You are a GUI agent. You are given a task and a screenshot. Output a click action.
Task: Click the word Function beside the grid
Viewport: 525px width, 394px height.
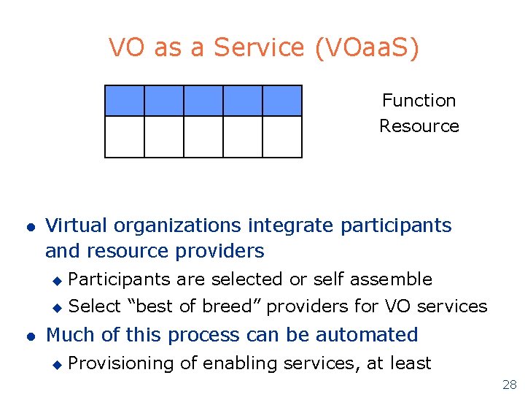[419, 101]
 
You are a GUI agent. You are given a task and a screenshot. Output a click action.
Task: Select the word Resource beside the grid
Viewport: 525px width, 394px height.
[419, 126]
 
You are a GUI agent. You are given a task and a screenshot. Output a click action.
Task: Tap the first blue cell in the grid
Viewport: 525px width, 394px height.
[125, 101]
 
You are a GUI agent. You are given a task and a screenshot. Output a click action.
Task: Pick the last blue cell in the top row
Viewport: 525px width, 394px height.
[282, 101]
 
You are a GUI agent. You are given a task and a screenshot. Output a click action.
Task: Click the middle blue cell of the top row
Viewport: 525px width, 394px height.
[203, 101]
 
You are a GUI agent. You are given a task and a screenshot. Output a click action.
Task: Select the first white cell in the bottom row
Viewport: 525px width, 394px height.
[125, 137]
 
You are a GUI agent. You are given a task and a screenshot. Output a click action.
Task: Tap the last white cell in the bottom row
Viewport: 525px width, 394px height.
[282, 137]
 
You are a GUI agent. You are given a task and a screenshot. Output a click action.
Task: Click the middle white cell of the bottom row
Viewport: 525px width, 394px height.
[203, 137]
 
